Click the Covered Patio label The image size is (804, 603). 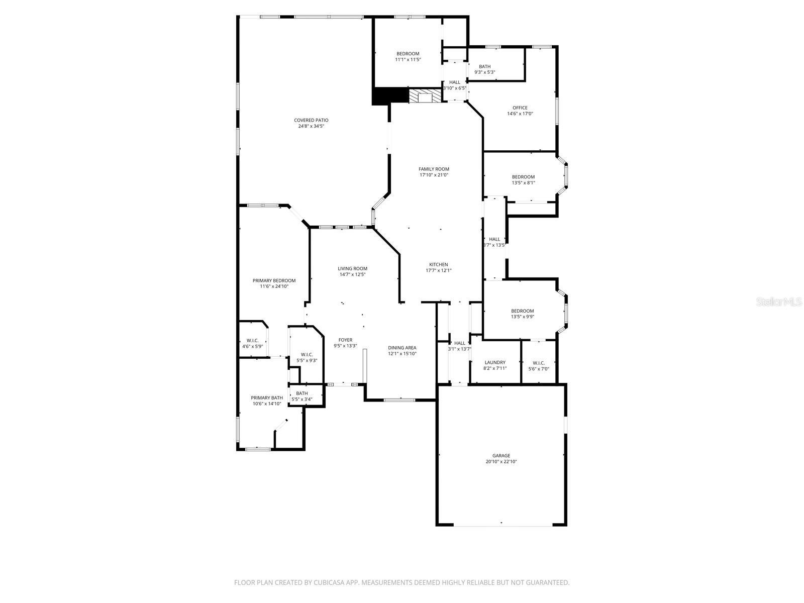pos(311,121)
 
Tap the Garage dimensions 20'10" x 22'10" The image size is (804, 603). pos(501,461)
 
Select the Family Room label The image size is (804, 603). pos(434,169)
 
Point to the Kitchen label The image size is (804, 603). pos(438,265)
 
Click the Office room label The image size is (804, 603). pos(520,108)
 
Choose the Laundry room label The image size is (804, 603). pos(495,362)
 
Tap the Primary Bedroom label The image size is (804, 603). pos(274,281)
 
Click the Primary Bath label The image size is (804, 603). pos(267,397)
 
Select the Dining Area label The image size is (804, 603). pos(402,348)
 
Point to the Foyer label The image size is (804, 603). pos(345,340)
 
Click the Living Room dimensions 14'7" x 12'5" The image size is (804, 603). pos(352,274)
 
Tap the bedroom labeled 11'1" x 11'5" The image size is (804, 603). pos(408,57)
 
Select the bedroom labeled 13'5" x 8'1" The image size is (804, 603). pos(523,180)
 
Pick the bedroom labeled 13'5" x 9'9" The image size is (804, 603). pos(523,314)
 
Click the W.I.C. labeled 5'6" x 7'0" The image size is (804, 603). pos(539,365)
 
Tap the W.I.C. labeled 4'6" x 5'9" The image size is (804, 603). pos(252,343)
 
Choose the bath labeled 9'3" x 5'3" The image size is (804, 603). pos(484,69)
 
